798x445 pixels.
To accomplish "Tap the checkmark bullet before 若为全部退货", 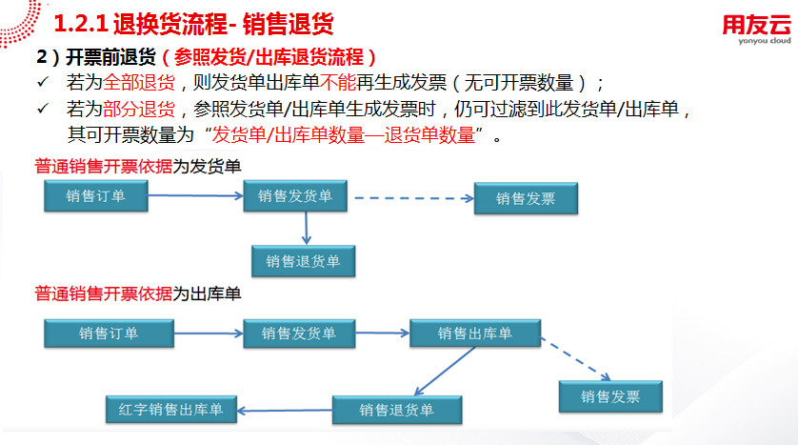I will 42,83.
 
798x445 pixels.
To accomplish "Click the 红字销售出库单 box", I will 170,410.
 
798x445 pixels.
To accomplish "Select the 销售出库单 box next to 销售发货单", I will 475,334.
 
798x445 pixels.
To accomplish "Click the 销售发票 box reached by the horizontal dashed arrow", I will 526,198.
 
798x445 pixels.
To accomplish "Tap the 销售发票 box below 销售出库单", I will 611,396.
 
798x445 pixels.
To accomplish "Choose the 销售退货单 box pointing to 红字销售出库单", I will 397,410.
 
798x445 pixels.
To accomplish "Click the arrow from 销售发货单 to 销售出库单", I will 382,334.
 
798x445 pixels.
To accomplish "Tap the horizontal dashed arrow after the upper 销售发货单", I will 410,198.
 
